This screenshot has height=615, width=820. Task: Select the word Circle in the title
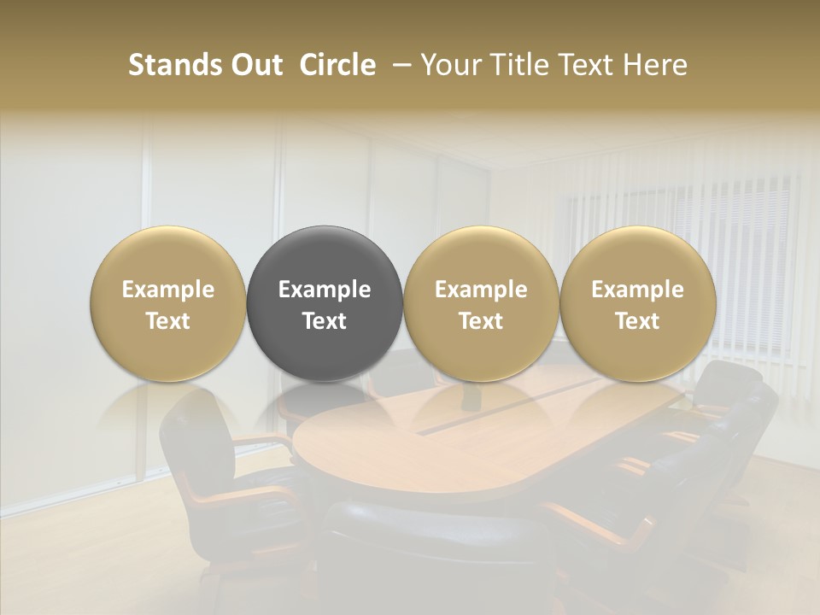[x=337, y=65]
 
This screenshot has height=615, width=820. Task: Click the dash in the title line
[x=399, y=66]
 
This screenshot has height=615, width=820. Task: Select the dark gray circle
[x=325, y=303]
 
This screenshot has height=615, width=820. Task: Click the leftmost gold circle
[x=168, y=303]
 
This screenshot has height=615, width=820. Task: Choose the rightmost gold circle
[x=637, y=303]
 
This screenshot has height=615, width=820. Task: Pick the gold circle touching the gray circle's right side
[x=481, y=303]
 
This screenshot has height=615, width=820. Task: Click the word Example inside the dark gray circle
[x=325, y=290]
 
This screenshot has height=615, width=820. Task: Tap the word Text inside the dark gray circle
[x=325, y=321]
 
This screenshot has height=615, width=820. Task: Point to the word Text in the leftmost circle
[x=168, y=321]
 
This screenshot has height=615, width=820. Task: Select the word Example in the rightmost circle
[x=637, y=290]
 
